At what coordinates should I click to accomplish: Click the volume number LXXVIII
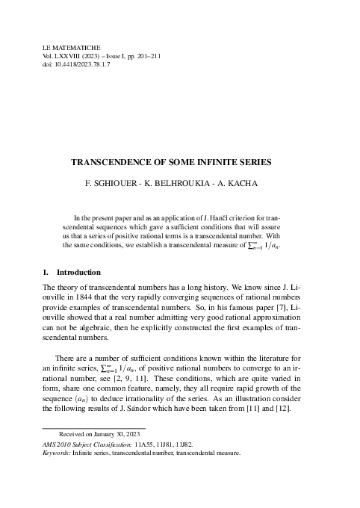(72, 56)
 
